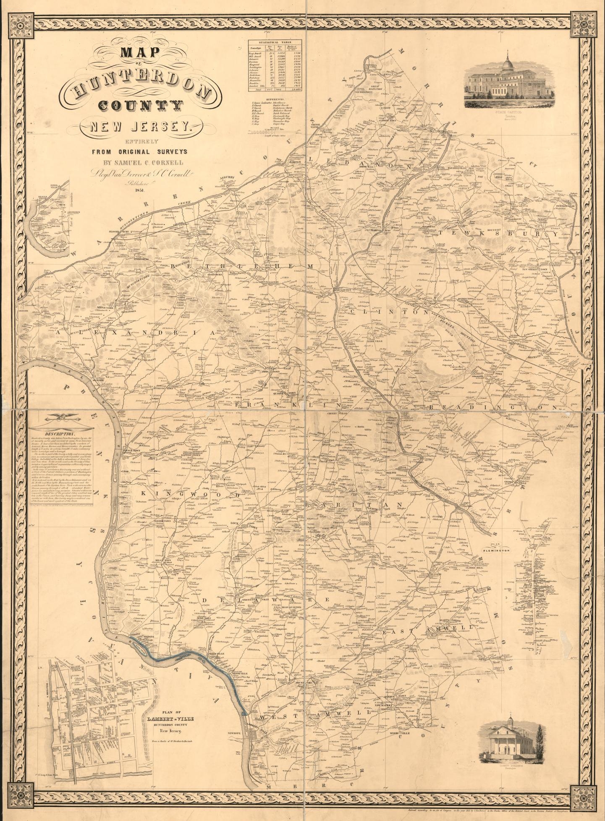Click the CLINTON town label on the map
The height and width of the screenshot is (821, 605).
[x=344, y=289]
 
